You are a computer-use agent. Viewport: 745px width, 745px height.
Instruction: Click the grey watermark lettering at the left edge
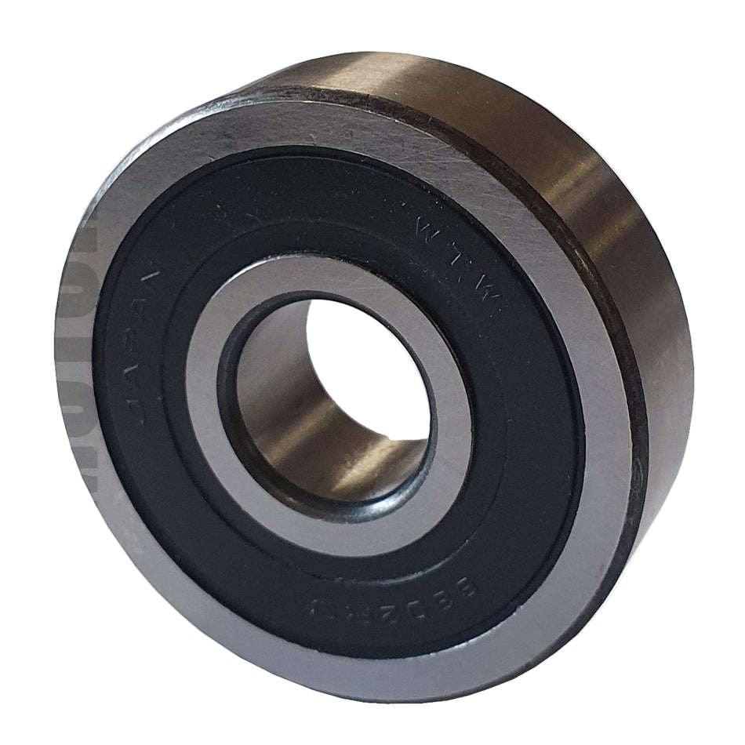[78, 353]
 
